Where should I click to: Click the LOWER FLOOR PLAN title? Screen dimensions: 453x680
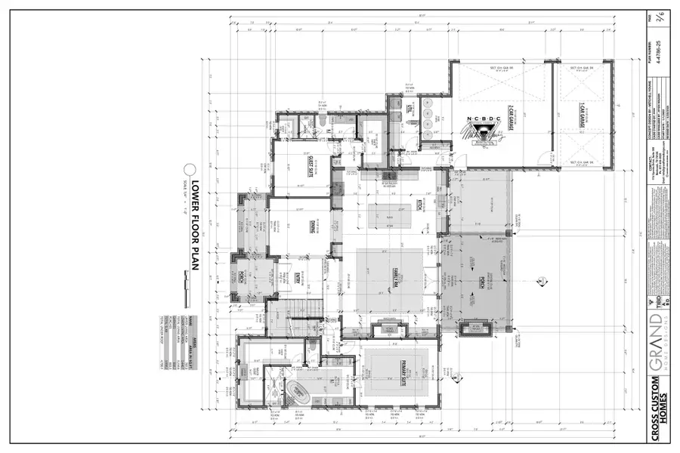point(194,219)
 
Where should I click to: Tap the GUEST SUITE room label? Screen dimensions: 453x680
point(309,167)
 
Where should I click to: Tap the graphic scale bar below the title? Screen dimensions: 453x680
point(185,281)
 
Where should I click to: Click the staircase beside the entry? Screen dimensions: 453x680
point(283,317)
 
